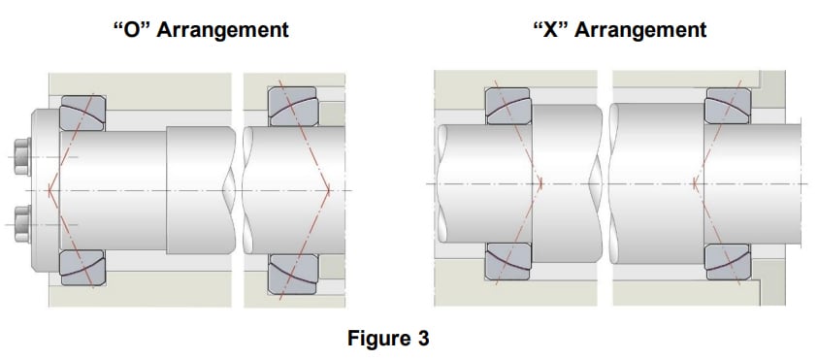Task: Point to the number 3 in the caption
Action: (423, 340)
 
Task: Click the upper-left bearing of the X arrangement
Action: (508, 103)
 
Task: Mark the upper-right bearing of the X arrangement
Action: (729, 105)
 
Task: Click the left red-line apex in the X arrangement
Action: (540, 182)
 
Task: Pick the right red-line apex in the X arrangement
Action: (696, 182)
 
